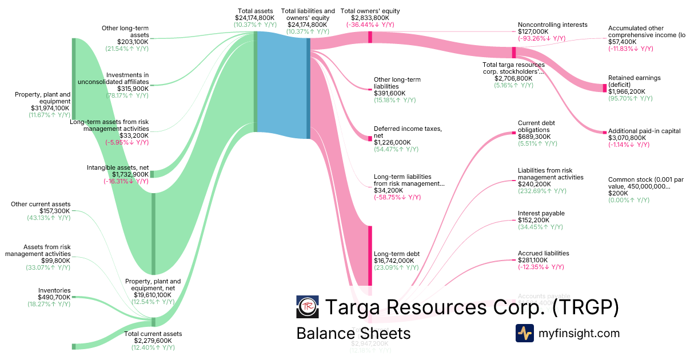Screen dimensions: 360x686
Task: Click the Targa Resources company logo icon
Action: (308, 307)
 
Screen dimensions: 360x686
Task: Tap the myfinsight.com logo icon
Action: (525, 333)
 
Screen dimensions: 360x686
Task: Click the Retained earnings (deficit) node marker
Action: (605, 87)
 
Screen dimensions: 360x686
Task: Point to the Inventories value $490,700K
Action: (54, 297)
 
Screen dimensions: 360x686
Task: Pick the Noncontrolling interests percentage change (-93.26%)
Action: (541, 39)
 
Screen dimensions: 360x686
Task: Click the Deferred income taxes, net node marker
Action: (370, 138)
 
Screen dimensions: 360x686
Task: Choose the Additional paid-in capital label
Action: (644, 131)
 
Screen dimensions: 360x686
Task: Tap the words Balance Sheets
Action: (353, 333)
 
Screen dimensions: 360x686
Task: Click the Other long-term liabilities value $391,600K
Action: (389, 93)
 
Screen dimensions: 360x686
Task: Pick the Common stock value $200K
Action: (618, 194)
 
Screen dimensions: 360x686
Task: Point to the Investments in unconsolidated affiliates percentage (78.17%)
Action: (127, 96)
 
